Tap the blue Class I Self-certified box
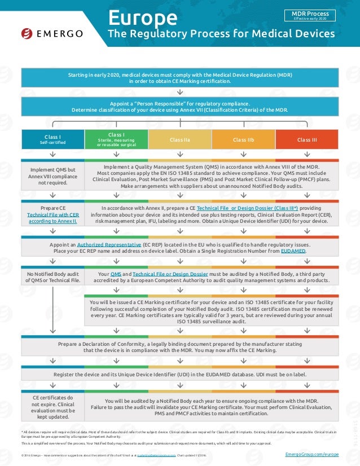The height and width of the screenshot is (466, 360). pyautogui.click(x=52, y=139)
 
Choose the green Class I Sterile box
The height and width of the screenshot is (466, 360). pyautogui.click(x=116, y=139)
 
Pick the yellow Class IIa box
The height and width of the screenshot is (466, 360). pyautogui.click(x=179, y=139)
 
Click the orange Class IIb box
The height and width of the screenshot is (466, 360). pyautogui.click(x=243, y=139)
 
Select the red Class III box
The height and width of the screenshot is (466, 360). pyautogui.click(x=306, y=139)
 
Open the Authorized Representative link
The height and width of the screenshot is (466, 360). pyautogui.click(x=109, y=244)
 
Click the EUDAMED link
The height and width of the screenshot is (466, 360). pyautogui.click(x=294, y=251)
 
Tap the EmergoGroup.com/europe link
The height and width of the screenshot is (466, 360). pyautogui.click(x=311, y=454)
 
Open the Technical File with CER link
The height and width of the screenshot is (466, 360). pyautogui.click(x=52, y=215)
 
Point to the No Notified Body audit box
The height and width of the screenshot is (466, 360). pyautogui.click(x=52, y=276)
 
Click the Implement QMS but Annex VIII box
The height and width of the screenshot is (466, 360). pyautogui.click(x=52, y=175)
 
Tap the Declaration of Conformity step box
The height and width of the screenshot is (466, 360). pyautogui.click(x=179, y=346)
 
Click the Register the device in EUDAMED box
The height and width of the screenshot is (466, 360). pyautogui.click(x=179, y=374)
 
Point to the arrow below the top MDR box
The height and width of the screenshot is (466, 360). pyautogui.click(x=179, y=91)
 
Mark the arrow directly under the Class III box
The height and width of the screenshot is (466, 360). pyautogui.click(x=306, y=154)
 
